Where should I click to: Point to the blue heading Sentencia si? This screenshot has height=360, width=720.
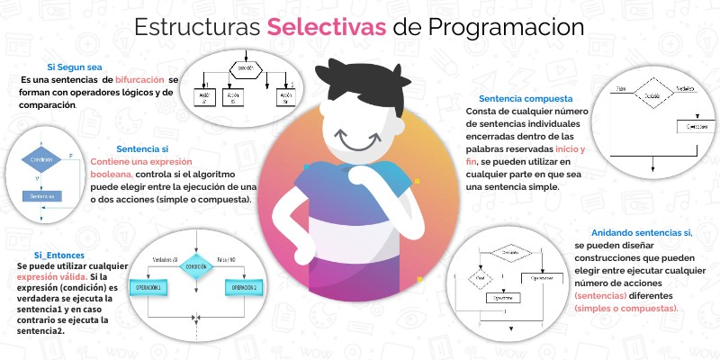pos(142,148)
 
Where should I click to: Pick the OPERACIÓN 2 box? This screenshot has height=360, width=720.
pos(244,287)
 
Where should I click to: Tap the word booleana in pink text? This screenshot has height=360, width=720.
pos(112,174)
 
